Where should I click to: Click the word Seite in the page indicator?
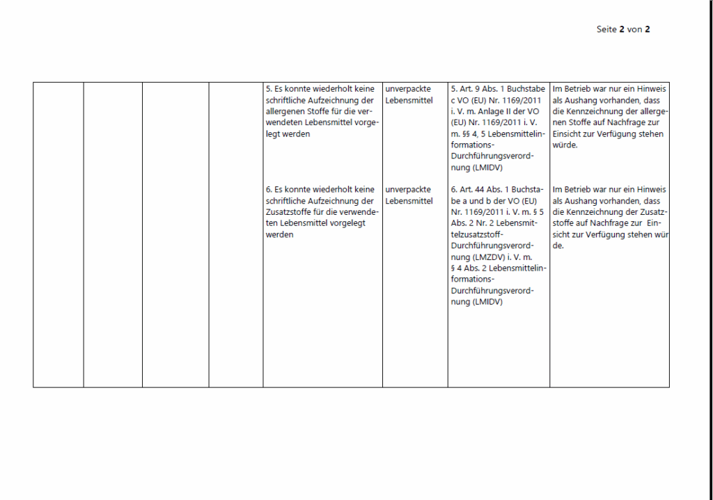click(x=606, y=29)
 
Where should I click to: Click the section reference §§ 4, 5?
click(x=465, y=134)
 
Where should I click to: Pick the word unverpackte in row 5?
click(x=408, y=89)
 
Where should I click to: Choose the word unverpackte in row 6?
click(x=408, y=189)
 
